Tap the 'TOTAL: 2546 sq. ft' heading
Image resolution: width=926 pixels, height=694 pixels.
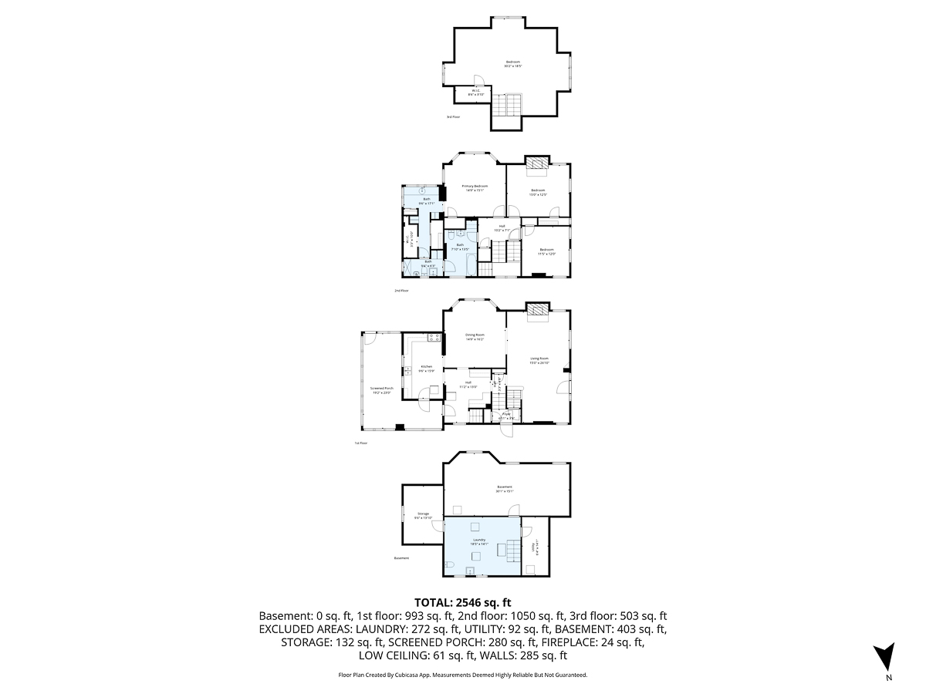463,602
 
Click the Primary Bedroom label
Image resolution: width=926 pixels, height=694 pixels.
475,188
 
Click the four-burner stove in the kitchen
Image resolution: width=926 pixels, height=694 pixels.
433,337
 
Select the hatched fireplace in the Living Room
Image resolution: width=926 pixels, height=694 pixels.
537,308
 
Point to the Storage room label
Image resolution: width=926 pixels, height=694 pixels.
423,515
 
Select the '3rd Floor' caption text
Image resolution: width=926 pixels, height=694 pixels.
453,117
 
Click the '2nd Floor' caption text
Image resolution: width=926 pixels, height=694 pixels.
400,291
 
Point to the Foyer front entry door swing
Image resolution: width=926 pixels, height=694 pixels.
505,430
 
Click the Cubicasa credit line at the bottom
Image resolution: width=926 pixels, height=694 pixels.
463,675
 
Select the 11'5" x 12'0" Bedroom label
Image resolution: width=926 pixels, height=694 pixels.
546,251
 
